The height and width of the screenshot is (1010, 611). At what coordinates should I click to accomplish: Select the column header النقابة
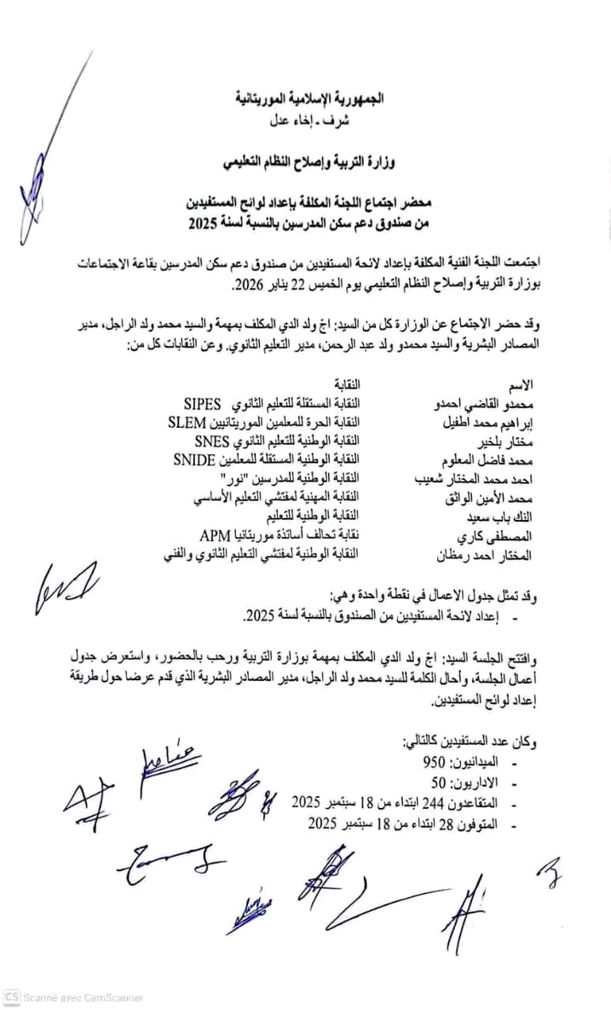click(x=345, y=384)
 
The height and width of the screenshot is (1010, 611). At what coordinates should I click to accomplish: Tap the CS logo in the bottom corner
click(x=12, y=996)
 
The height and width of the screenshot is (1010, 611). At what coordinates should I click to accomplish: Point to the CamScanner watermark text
click(x=84, y=997)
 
